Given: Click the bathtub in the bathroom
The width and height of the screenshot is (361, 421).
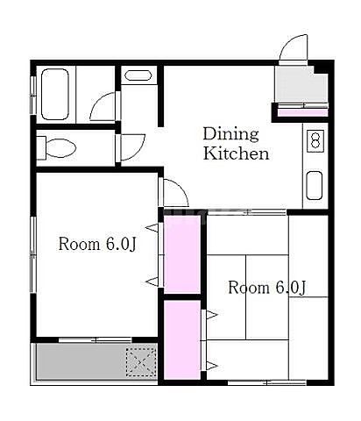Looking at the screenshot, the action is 55,94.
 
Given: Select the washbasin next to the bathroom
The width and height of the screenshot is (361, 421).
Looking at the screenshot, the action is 138,75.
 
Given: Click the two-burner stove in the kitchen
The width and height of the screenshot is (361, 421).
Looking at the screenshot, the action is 315,140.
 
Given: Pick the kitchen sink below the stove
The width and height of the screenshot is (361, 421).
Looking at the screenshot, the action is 315,185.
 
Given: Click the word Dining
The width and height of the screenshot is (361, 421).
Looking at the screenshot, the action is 230,134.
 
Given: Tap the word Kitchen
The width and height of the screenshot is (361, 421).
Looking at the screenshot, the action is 236,153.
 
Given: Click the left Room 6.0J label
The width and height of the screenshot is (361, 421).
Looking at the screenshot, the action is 97,244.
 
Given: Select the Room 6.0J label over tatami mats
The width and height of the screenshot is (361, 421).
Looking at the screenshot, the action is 267,288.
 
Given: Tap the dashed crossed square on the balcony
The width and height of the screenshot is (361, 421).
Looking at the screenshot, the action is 141,362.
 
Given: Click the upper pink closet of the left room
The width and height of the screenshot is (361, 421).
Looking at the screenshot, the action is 181,254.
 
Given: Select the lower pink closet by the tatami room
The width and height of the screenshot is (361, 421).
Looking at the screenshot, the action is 181,339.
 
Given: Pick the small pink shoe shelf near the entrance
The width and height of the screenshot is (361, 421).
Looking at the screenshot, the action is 302,112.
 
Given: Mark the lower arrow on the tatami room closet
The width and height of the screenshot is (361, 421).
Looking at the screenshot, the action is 212,366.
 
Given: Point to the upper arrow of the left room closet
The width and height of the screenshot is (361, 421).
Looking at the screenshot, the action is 152,228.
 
